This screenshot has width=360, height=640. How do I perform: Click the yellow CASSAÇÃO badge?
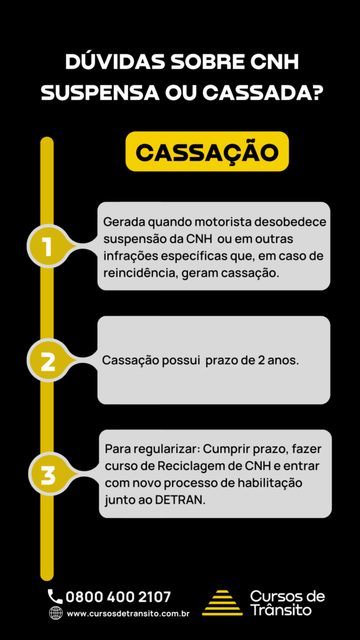coord(207,151)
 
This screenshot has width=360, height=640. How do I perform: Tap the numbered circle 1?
coord(47,246)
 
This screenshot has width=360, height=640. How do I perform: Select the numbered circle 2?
coord(47,361)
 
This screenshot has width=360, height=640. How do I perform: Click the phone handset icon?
coord(55,596)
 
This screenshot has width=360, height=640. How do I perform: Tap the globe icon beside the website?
coord(56,612)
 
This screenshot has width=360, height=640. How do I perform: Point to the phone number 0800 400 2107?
coord(118,597)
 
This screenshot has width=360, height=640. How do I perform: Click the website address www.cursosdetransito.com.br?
coord(128,614)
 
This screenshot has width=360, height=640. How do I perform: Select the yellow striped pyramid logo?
coord(222,602)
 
